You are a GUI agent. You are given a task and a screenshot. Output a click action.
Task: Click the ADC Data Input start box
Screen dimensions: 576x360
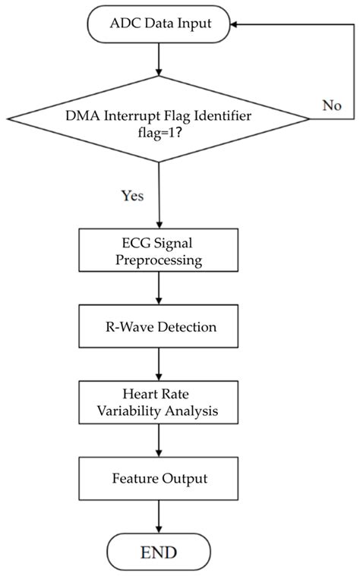click(x=159, y=24)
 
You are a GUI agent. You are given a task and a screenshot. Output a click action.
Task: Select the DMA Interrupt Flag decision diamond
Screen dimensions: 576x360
click(x=159, y=118)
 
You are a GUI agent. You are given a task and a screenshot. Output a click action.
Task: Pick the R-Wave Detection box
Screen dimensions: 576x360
click(x=159, y=328)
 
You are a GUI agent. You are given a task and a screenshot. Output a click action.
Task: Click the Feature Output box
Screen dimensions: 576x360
click(x=159, y=479)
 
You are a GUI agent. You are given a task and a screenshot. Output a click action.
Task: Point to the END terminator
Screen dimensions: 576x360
click(x=159, y=551)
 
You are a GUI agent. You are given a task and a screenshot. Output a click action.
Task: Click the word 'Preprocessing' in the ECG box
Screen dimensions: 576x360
click(x=159, y=260)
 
